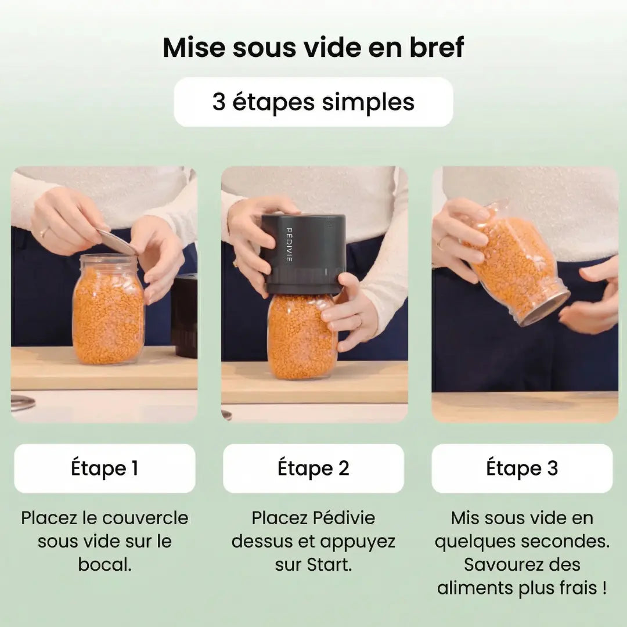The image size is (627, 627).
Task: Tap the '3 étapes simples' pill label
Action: [313, 102]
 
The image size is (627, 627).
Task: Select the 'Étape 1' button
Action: [105, 469]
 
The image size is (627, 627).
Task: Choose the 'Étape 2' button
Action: [313, 469]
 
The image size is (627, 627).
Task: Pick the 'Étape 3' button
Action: [522, 469]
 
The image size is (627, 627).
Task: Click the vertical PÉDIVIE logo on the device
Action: [289, 245]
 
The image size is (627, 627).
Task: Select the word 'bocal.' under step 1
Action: [105, 565]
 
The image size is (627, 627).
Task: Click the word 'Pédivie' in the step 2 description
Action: [344, 518]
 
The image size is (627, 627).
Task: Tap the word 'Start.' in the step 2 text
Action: [330, 565]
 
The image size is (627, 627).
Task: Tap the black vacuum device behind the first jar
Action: [185, 315]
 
